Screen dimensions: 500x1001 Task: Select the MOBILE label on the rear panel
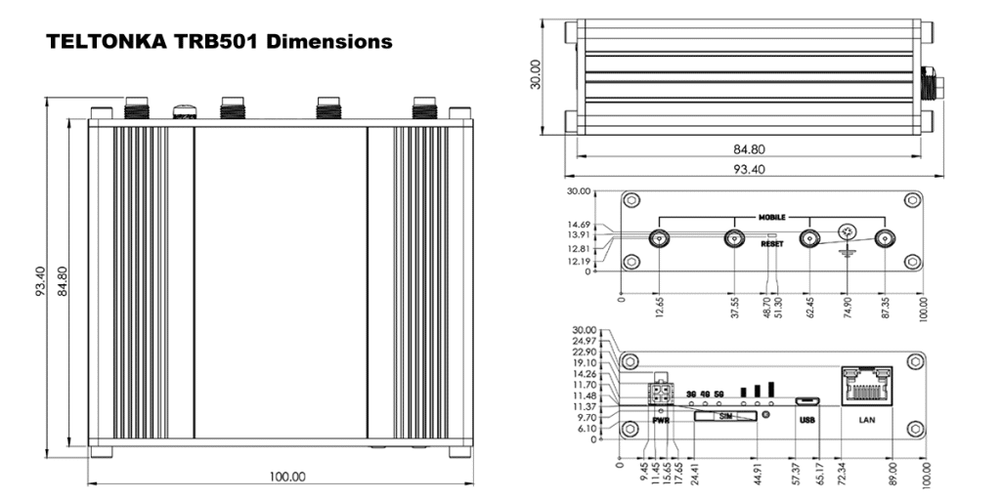point(772,216)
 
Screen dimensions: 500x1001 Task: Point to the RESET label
point(772,245)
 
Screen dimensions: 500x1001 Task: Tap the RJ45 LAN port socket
point(867,388)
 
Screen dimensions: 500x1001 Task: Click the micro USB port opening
point(807,400)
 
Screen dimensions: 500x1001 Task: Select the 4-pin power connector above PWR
point(659,393)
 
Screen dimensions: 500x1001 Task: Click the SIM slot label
point(724,416)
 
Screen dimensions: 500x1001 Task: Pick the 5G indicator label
point(718,395)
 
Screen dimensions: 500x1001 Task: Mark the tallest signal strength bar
point(771,388)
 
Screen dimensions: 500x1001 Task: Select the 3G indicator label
point(691,395)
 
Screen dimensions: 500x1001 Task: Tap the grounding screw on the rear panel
point(848,232)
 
